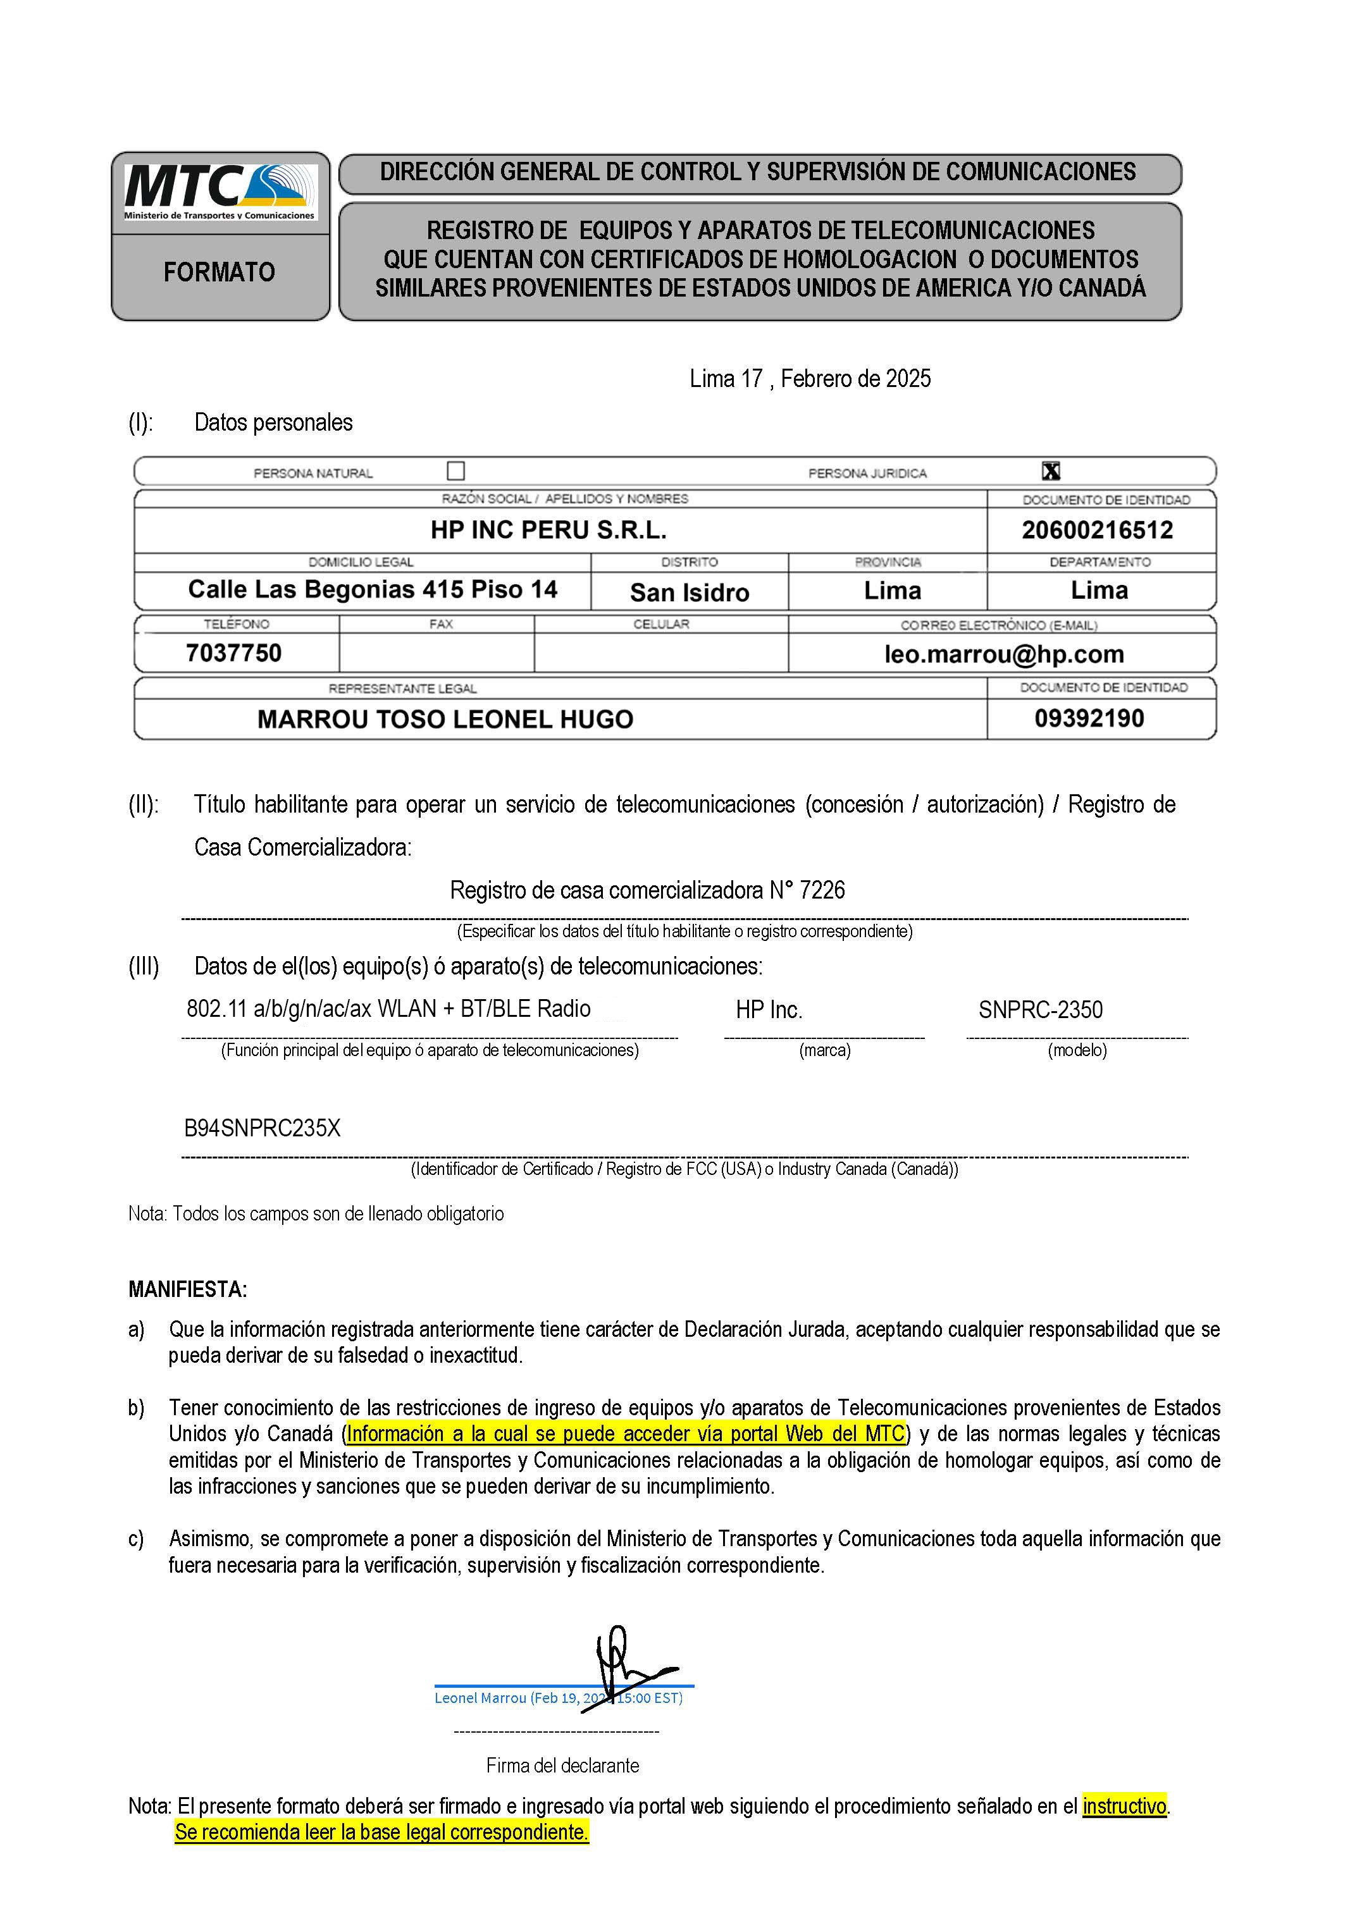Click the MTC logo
click(220, 191)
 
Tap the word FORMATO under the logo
click(220, 272)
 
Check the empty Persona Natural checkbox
click(456, 470)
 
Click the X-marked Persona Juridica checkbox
click(1051, 470)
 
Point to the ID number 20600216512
click(1097, 530)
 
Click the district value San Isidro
click(689, 592)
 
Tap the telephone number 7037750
click(234, 653)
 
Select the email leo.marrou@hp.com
click(1003, 654)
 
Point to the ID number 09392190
click(1089, 718)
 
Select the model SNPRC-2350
click(1040, 1009)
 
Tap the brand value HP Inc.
click(769, 1009)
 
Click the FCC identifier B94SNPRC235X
click(263, 1128)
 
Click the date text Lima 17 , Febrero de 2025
click(810, 379)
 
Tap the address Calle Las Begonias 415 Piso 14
click(372, 589)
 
